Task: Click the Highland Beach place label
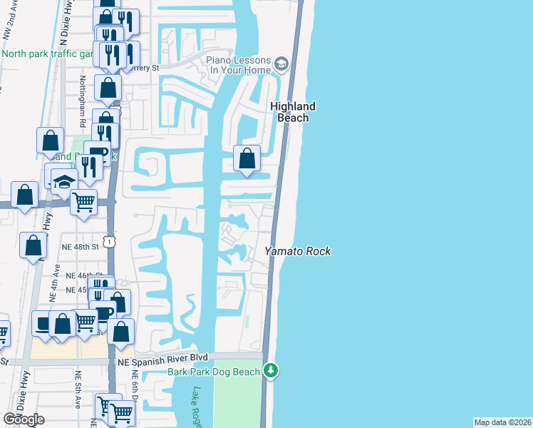[x=292, y=112]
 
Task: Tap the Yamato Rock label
[x=298, y=251]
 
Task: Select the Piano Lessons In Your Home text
[x=239, y=66]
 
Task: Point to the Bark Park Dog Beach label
[x=213, y=372]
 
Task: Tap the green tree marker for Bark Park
[x=270, y=371]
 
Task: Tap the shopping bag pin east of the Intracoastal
[x=247, y=158]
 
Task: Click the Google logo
[x=24, y=419]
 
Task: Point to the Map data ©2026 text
[x=502, y=422]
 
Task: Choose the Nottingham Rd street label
[x=83, y=101]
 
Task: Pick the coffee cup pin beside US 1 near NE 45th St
[x=105, y=312]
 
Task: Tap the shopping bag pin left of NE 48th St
[x=33, y=245]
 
